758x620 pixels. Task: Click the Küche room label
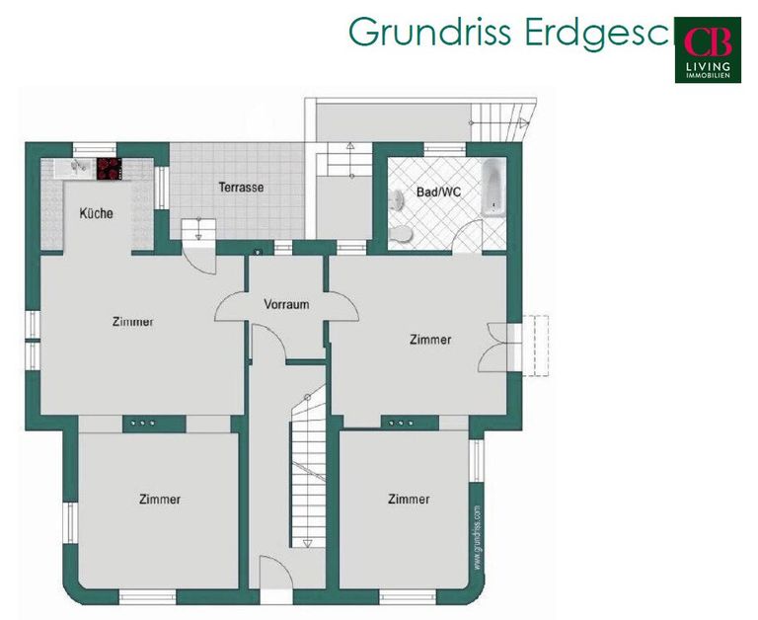pyautogui.click(x=96, y=213)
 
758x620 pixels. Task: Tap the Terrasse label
pyautogui.click(x=241, y=188)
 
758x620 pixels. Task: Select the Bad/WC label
pyautogui.click(x=438, y=192)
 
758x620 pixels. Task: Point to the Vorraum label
pyautogui.click(x=286, y=304)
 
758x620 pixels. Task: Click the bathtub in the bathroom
pyautogui.click(x=493, y=189)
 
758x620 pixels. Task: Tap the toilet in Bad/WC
pyautogui.click(x=401, y=234)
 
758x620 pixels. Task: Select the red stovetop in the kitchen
pyautogui.click(x=109, y=169)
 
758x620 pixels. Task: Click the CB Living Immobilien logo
pyautogui.click(x=708, y=49)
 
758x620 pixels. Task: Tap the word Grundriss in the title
pyautogui.click(x=429, y=32)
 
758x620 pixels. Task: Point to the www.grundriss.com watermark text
pyautogui.click(x=477, y=537)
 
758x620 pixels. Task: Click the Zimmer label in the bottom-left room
pyautogui.click(x=160, y=500)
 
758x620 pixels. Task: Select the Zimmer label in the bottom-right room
pyautogui.click(x=409, y=499)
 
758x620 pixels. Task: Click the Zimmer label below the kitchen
pyautogui.click(x=132, y=322)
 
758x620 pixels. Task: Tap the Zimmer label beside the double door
pyautogui.click(x=430, y=340)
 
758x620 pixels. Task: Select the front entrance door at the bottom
pyautogui.click(x=276, y=580)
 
